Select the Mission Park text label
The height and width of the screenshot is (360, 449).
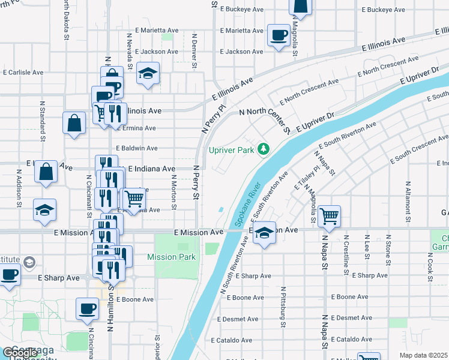[172, 257]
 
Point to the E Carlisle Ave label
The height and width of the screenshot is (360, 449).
[23, 72]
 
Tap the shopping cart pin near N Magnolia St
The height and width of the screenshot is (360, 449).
[329, 215]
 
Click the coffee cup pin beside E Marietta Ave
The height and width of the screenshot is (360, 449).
[278, 35]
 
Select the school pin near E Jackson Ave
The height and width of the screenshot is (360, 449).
[147, 73]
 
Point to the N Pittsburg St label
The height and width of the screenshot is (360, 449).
[283, 307]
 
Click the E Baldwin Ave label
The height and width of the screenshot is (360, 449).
[137, 148]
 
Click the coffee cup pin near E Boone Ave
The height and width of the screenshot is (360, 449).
[88, 308]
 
